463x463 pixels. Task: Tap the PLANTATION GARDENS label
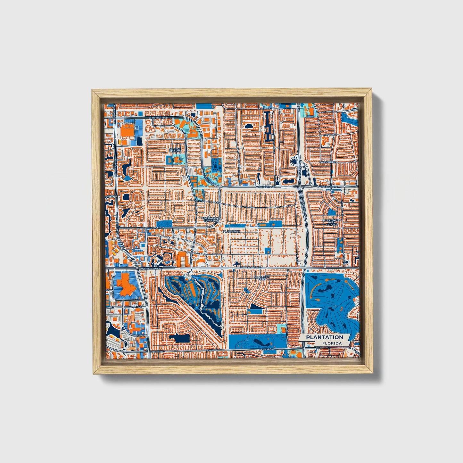pyautogui.click(x=210, y=219)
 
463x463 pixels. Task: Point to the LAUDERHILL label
pyautogui.click(x=327, y=162)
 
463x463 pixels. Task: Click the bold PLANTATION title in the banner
pyautogui.click(x=324, y=337)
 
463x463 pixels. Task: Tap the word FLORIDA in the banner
pyautogui.click(x=332, y=343)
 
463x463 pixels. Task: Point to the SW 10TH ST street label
pyautogui.click(x=139, y=335)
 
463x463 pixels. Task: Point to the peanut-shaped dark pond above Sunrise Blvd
pyautogui.click(x=287, y=181)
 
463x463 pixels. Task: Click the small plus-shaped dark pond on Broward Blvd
pyautogui.click(x=236, y=264)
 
